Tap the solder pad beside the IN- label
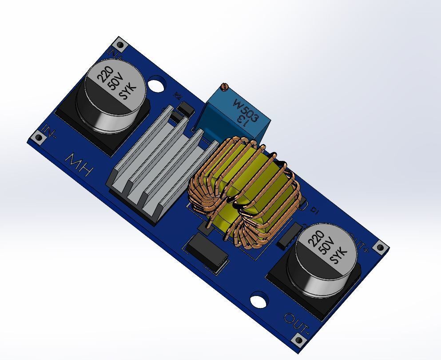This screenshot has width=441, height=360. click(x=39, y=138)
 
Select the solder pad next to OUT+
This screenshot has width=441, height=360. click(x=380, y=248)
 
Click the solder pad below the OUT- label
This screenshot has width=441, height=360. click(x=299, y=340)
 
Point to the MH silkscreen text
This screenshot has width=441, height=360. click(x=80, y=164)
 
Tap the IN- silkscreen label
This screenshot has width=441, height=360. click(x=49, y=132)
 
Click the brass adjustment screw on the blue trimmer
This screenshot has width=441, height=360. click(x=225, y=86)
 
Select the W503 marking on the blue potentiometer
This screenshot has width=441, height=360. click(x=246, y=111)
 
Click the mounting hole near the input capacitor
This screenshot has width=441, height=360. click(x=156, y=84)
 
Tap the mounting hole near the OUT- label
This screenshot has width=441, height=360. click(x=258, y=301)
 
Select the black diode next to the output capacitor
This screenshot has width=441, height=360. click(x=289, y=234)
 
